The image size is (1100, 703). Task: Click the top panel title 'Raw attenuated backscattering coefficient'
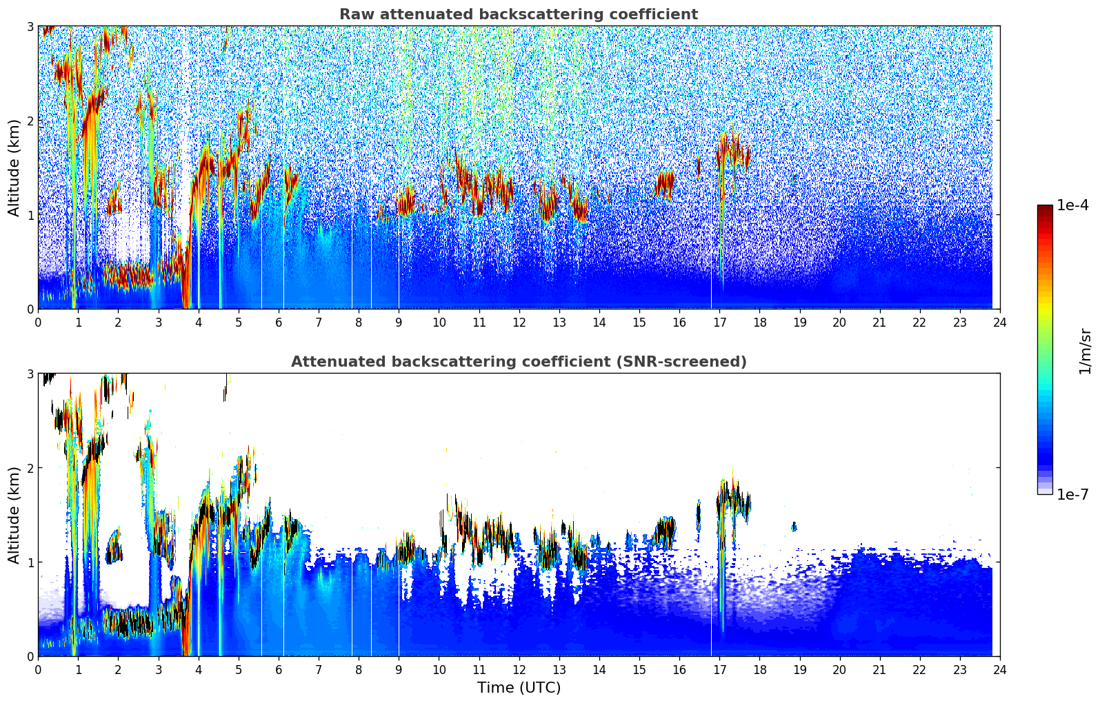click(519, 14)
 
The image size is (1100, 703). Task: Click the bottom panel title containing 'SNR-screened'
click(519, 362)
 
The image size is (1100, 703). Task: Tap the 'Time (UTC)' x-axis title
click(519, 688)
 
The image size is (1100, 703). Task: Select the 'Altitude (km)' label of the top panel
click(14, 167)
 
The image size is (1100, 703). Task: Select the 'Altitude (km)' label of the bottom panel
click(14, 515)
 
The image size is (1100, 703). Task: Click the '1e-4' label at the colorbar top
click(1072, 205)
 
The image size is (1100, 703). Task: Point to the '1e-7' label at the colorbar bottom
click(1072, 494)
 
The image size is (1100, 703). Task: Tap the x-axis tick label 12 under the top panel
click(519, 323)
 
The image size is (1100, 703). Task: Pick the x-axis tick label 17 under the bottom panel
click(719, 670)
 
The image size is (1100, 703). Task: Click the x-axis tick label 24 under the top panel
click(1000, 323)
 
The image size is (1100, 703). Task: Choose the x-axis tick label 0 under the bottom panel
click(38, 670)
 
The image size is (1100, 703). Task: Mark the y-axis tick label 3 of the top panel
click(30, 26)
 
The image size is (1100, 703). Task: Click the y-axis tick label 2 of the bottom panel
click(30, 468)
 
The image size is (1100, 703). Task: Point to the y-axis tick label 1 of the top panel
click(30, 215)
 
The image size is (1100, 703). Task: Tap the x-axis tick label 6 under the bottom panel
click(279, 670)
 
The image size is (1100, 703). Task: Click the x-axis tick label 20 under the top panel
click(839, 323)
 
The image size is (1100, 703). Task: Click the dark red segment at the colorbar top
click(1045, 208)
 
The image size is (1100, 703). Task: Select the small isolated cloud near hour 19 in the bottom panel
click(794, 527)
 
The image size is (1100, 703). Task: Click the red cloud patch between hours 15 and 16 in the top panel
click(665, 183)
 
